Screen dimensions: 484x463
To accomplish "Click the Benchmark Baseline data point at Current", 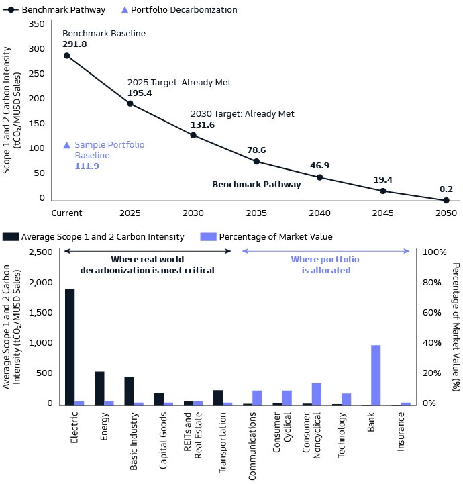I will [x=66, y=56].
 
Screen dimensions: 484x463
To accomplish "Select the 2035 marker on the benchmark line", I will [x=256, y=161].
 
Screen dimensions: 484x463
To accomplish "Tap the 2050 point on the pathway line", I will [x=446, y=200].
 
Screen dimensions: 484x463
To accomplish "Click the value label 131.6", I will [x=203, y=125].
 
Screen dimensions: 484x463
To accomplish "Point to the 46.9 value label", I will [x=319, y=165].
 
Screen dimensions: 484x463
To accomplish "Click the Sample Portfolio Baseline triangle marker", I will [x=66, y=145].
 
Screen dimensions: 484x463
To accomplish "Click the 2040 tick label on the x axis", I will [x=319, y=213].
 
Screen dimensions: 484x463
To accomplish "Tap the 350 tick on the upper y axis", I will [x=36, y=23].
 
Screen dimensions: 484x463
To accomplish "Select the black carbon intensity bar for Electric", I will [x=70, y=347].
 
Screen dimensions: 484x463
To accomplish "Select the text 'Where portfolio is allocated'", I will [x=325, y=265].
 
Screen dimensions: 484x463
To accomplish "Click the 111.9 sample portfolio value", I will [x=87, y=166].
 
